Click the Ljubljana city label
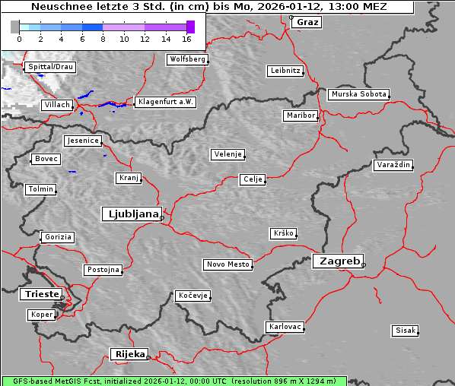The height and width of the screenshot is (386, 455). click(131, 214)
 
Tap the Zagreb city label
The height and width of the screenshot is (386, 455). click(337, 261)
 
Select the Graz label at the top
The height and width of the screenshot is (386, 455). click(307, 22)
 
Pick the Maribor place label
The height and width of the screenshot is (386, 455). click(300, 115)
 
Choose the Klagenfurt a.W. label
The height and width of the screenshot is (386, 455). click(165, 102)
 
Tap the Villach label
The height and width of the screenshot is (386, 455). click(57, 104)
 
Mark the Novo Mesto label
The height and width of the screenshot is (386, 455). click(228, 264)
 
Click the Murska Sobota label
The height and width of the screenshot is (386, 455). click(358, 94)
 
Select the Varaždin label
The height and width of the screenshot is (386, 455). click(393, 165)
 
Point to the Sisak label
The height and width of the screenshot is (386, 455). click(405, 331)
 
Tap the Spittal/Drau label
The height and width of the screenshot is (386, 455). click(50, 67)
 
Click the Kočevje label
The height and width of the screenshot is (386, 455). click(192, 295)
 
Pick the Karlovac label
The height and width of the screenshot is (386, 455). click(285, 327)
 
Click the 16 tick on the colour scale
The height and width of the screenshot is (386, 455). click(187, 37)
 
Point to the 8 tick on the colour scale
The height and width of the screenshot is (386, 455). click(103, 37)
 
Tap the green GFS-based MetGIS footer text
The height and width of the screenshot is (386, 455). click(173, 381)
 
